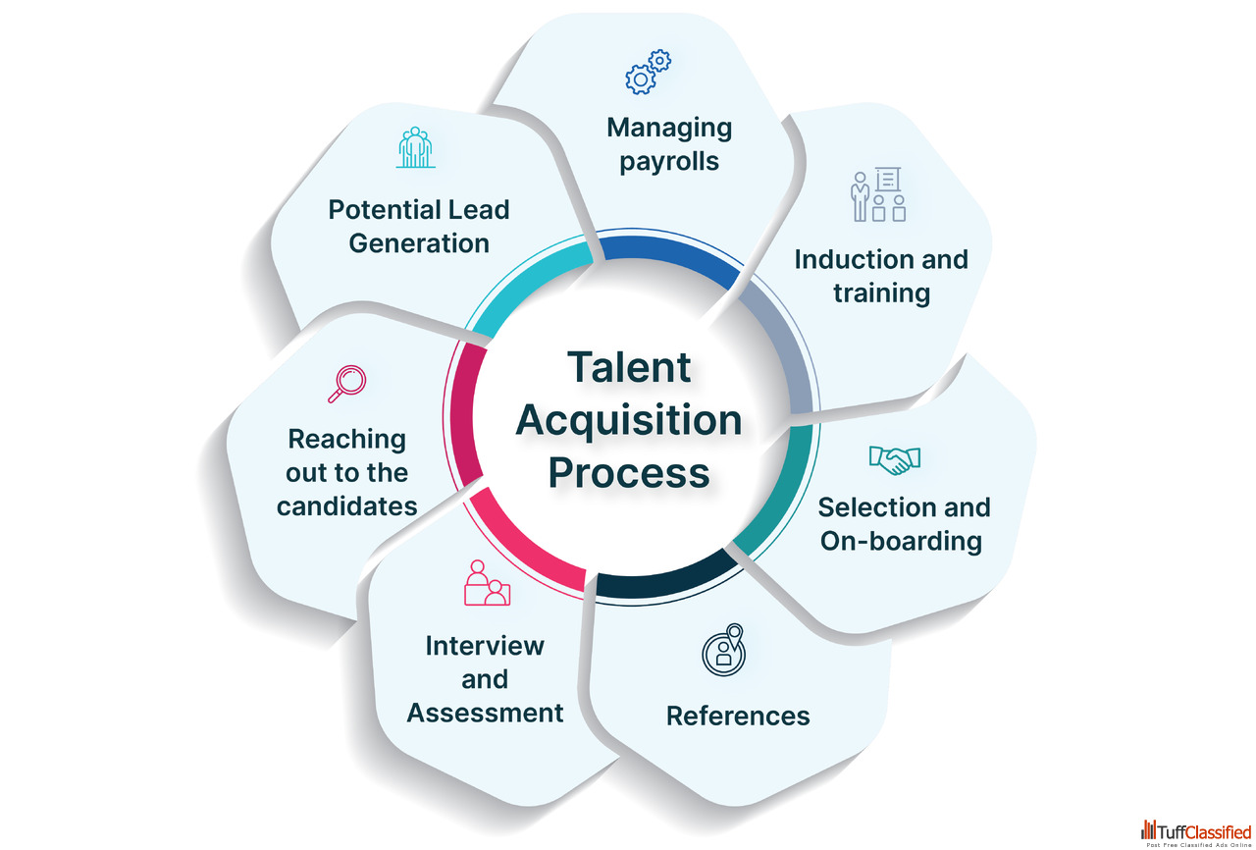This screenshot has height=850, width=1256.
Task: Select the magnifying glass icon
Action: tap(346, 383)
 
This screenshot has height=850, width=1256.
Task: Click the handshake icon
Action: tap(894, 459)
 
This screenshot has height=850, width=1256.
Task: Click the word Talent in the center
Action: tap(628, 368)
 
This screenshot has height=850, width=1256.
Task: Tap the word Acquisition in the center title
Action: tap(628, 420)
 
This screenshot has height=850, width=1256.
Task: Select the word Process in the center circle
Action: tap(628, 472)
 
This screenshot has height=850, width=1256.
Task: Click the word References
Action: tap(738, 716)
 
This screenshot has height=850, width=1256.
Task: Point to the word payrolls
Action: tap(669, 160)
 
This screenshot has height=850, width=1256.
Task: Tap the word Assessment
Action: tap(486, 712)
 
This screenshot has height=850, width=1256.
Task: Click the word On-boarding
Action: tap(901, 541)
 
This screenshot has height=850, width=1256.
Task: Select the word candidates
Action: tap(346, 506)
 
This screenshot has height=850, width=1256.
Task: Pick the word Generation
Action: tap(419, 242)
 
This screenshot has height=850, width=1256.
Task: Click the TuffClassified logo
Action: tap(1195, 832)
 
